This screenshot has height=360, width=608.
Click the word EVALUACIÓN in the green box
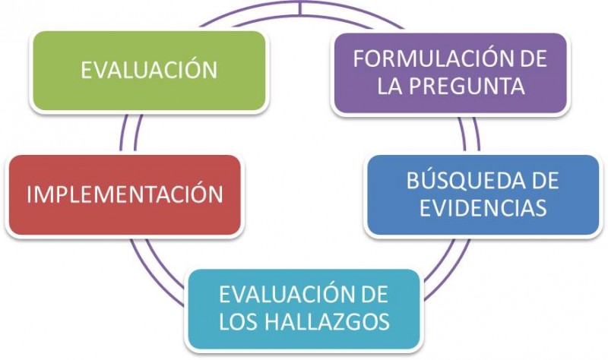click(149, 69)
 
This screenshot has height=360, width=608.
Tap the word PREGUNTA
click(467, 86)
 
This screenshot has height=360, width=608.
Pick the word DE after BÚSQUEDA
click(546, 180)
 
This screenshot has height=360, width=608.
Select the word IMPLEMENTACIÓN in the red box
click(125, 193)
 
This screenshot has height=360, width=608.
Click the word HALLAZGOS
click(331, 321)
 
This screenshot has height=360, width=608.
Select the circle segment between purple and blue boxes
click(469, 134)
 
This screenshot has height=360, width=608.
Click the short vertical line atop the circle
click(300, 8)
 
